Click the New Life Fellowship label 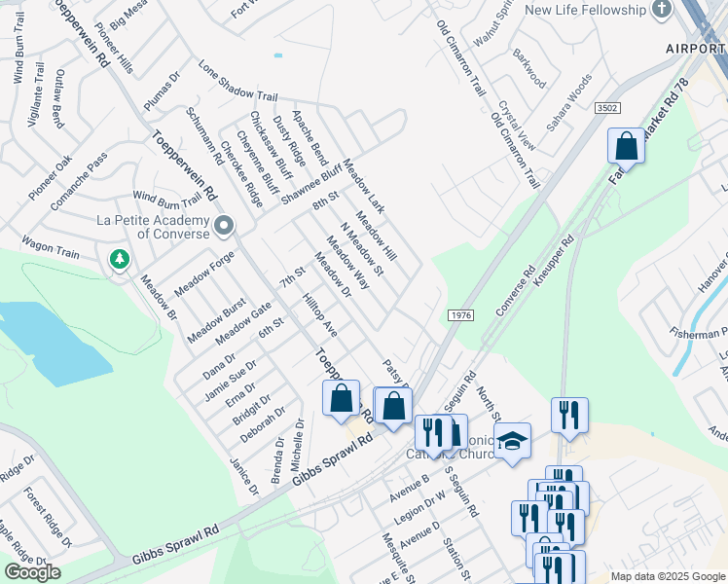[585, 10]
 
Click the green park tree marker [119, 260]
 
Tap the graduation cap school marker [513, 443]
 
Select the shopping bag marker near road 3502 [627, 147]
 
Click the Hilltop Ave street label [319, 315]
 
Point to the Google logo [32, 572]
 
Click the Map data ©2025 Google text [667, 576]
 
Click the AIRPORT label [697, 48]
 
